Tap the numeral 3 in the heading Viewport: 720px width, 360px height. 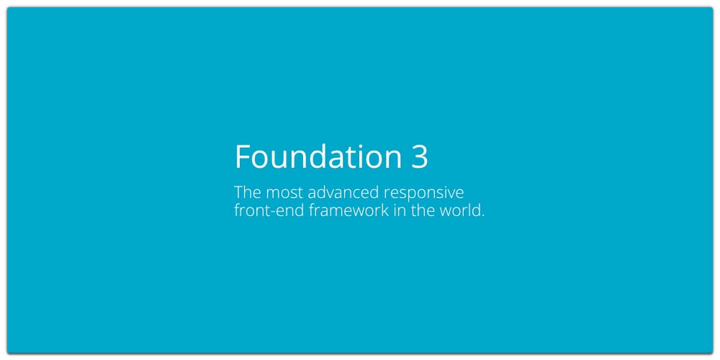click(419, 157)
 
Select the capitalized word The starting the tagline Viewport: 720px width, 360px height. click(248, 192)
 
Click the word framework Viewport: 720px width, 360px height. click(348, 210)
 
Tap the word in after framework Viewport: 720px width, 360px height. click(398, 211)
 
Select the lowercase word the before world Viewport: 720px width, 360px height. click(420, 210)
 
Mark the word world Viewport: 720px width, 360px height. click(458, 210)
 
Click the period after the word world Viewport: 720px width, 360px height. click(482, 216)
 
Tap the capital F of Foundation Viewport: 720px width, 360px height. click(243, 157)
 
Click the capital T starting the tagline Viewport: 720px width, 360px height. click(239, 193)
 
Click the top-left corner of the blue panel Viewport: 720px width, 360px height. click(7, 7)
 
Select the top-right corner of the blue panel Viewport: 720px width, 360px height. click(713, 7)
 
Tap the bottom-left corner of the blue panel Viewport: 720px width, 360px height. click(7, 353)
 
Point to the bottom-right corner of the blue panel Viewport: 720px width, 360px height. click(713, 353)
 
